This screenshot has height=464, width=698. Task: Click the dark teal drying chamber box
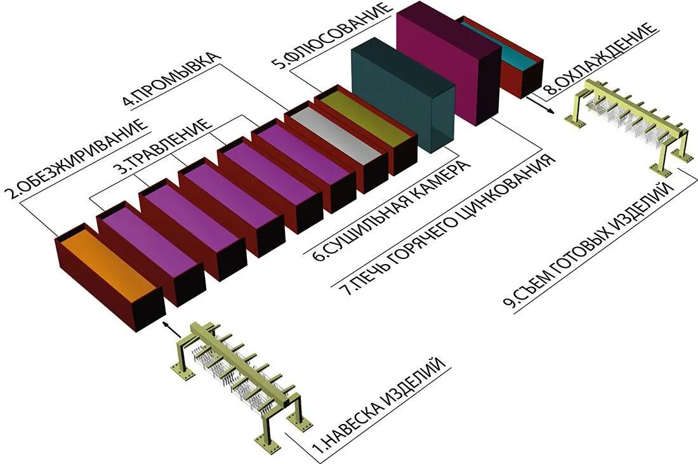[403, 95]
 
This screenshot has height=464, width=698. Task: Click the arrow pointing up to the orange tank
[169, 326]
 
